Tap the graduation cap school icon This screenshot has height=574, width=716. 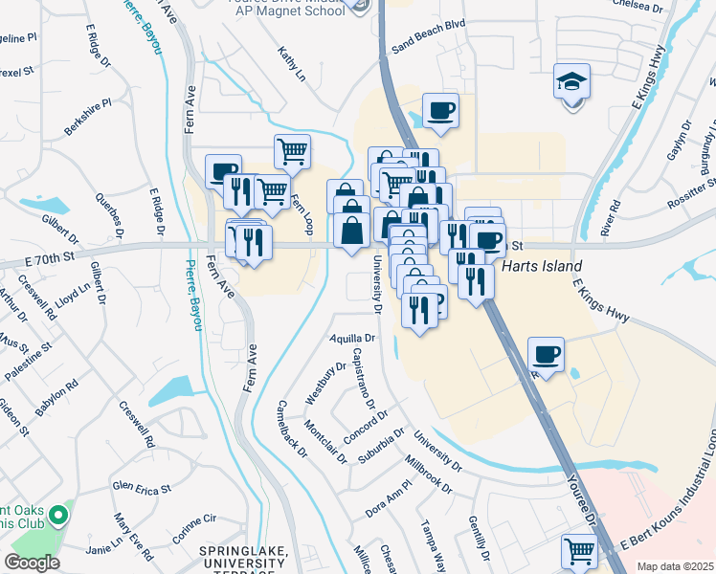click(x=571, y=82)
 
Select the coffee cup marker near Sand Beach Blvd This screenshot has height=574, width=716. click(x=440, y=110)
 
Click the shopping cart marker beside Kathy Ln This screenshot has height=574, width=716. click(x=292, y=150)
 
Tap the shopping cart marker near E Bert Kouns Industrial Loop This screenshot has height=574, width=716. click(x=579, y=550)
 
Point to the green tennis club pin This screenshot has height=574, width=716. click(x=57, y=517)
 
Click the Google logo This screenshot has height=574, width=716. click(x=32, y=563)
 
